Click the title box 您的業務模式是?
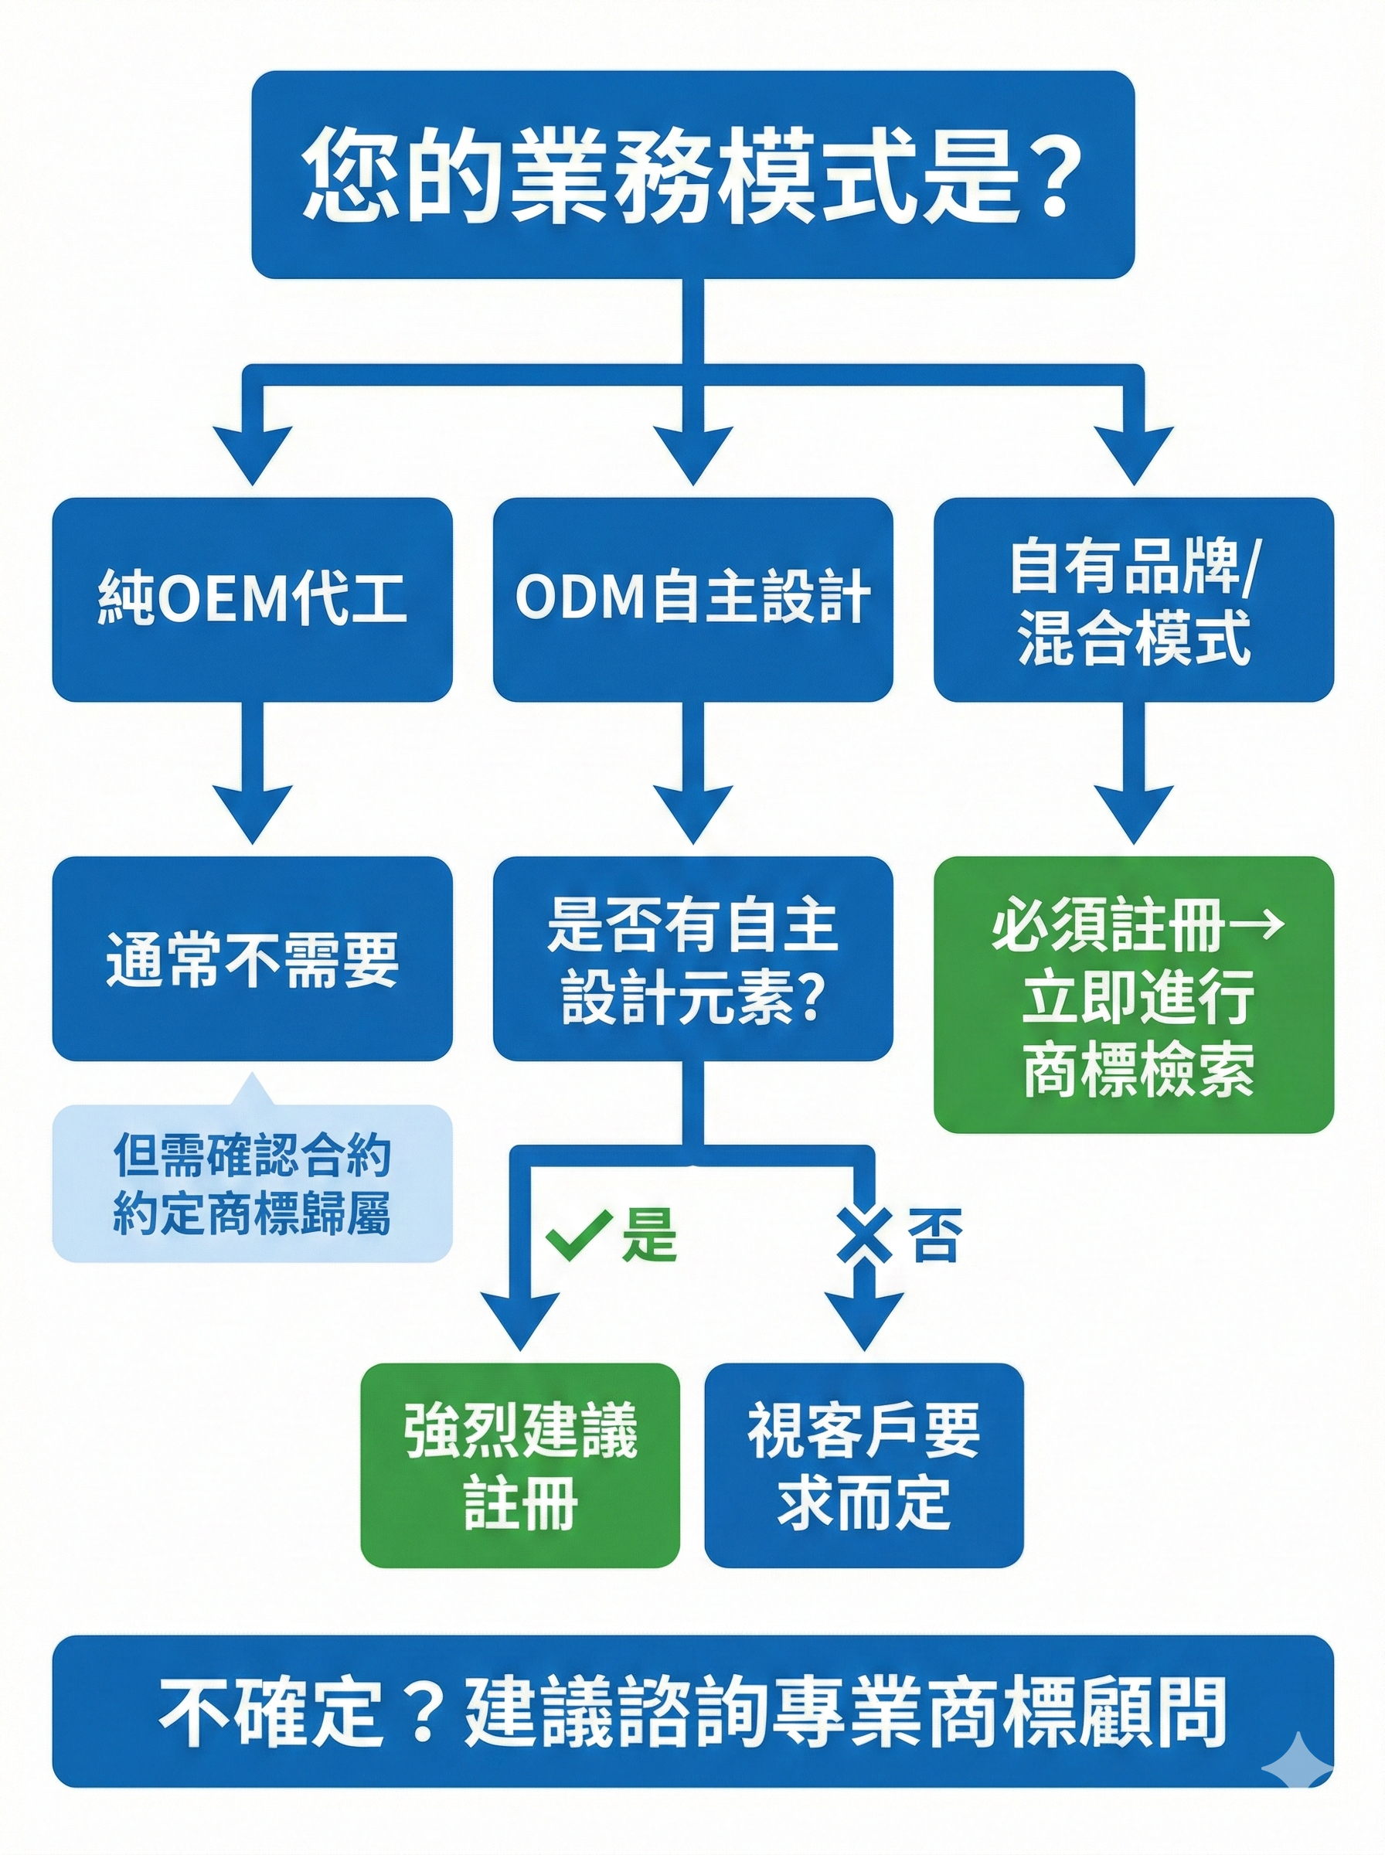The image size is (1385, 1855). click(x=692, y=175)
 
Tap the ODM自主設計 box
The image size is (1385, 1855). click(x=692, y=599)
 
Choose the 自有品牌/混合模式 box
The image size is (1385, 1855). click(x=1134, y=599)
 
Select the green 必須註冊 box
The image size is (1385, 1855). click(x=1134, y=994)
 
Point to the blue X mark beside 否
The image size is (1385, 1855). click(x=864, y=1237)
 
